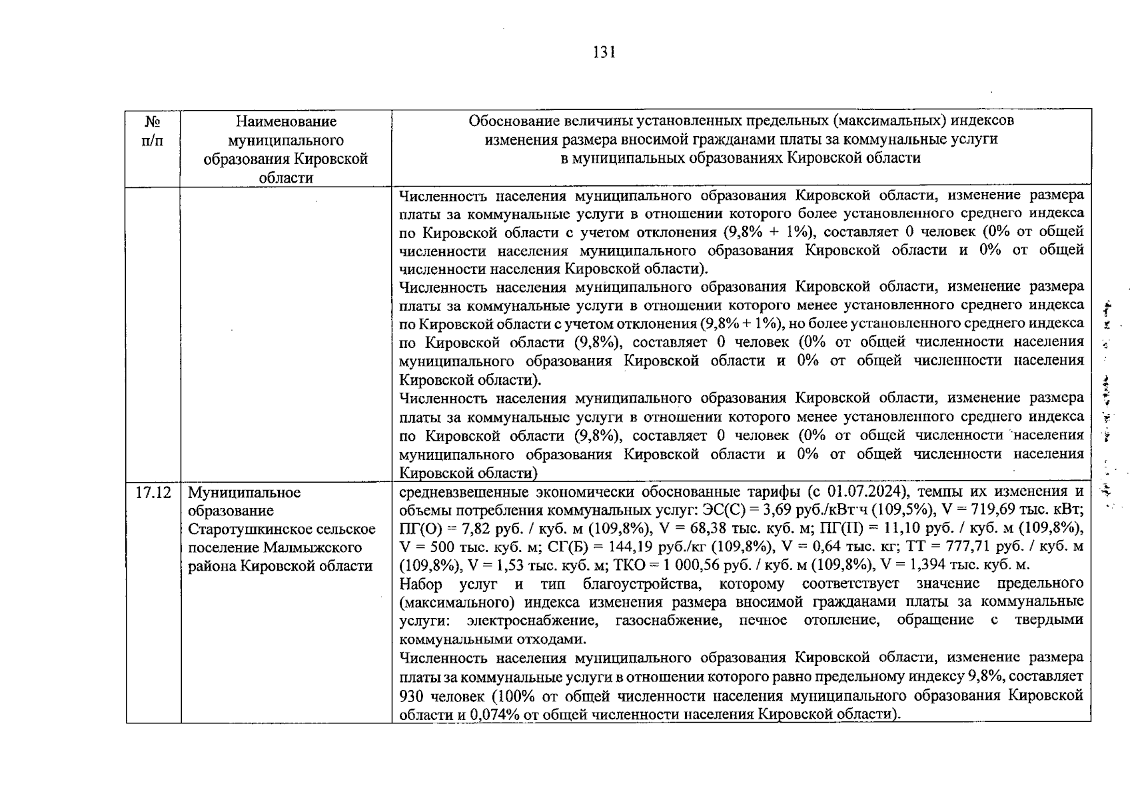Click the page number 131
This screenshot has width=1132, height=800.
click(604, 53)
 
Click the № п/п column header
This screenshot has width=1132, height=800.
click(153, 131)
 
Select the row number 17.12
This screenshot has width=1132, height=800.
click(153, 493)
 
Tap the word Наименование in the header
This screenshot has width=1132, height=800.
click(286, 121)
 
